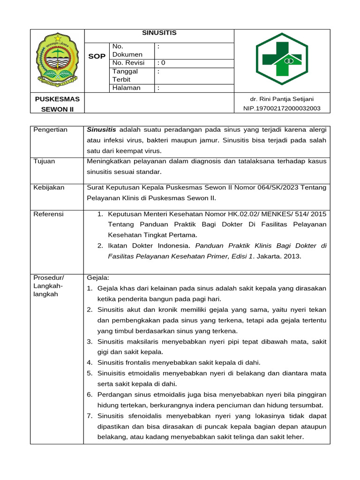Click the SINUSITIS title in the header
click(x=159, y=33)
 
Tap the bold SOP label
click(x=97, y=56)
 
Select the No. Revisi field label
click(x=128, y=63)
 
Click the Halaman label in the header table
click(x=126, y=88)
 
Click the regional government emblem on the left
click(x=57, y=59)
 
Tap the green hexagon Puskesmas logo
click(x=281, y=59)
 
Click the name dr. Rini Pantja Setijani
click(x=282, y=99)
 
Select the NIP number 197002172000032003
click(x=282, y=108)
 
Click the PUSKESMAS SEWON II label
click(x=57, y=104)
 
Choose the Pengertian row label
click(x=50, y=130)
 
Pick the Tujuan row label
click(x=44, y=161)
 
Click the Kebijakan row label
click(x=49, y=187)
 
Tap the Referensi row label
click(x=49, y=214)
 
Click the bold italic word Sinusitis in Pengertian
click(x=102, y=130)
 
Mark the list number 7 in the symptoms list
click(x=90, y=416)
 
